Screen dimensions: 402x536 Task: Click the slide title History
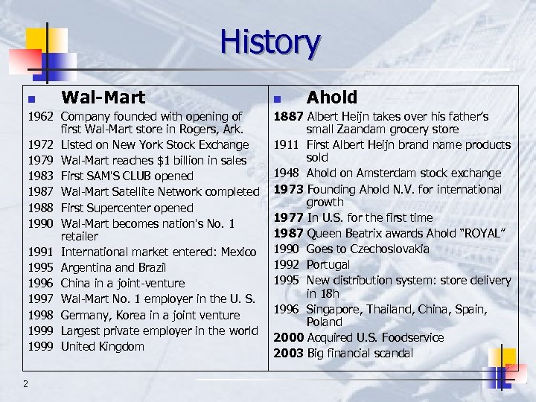269,42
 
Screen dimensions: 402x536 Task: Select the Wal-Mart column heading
103,97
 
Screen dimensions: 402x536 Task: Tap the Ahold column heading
332,97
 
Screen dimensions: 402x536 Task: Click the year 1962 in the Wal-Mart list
42,116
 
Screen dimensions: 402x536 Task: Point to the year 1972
42,144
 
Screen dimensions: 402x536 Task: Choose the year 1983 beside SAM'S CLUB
42,176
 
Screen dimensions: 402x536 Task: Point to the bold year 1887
288,116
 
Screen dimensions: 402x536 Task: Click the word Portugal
328,264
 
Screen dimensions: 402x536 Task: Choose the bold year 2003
288,353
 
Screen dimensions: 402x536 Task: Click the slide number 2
26,383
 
